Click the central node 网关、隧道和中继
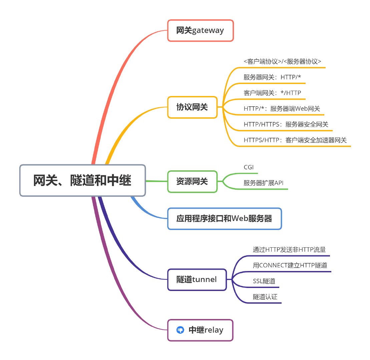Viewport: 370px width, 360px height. tap(82, 180)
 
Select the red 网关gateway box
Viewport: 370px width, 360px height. tap(200, 30)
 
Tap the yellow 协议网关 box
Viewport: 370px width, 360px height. tap(192, 107)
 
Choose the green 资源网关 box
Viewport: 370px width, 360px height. tap(192, 182)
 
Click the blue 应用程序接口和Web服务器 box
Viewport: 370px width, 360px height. tap(224, 219)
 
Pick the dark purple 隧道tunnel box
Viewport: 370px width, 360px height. tap(197, 279)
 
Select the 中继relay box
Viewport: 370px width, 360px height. tap(200, 330)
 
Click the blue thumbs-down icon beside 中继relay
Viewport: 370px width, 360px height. tap(180, 330)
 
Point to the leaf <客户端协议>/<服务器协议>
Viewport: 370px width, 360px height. tap(282, 62)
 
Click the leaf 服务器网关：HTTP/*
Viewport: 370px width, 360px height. tap(272, 77)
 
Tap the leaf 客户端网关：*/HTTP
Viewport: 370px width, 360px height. tap(272, 93)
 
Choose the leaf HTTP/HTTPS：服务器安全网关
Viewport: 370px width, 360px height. tap(286, 125)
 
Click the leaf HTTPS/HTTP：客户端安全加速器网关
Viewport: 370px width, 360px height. tap(295, 140)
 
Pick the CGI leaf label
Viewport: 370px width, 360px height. tap(249, 167)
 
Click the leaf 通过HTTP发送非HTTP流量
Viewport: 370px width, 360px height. tap(289, 250)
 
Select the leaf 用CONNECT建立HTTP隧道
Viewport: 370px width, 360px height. tap(290, 266)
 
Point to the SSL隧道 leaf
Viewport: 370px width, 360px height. tap(264, 281)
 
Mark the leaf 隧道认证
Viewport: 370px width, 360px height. tap(265, 297)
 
